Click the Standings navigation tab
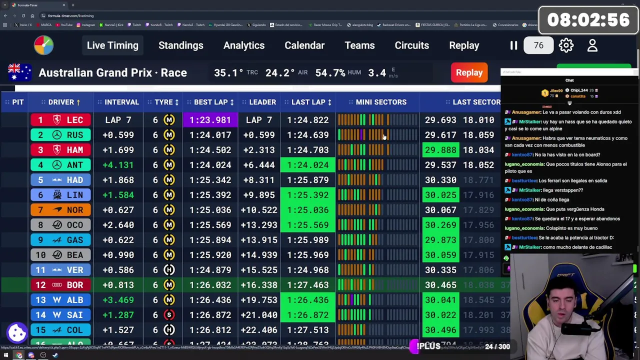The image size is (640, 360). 180,45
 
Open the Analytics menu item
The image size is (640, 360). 244,45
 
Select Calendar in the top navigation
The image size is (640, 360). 304,45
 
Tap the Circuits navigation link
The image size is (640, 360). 411,45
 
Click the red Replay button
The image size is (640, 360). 469,72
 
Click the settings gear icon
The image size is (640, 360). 566,45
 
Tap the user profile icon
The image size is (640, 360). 592,45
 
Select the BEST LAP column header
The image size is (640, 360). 210,102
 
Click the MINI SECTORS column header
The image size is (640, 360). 381,102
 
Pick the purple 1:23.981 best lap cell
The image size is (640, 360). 210,120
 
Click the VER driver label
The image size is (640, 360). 75,270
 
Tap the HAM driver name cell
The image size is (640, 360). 75,150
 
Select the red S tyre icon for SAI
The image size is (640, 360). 169,315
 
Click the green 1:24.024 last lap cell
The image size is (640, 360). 308,165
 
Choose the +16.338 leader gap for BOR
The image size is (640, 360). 258,285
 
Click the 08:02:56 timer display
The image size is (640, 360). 588,20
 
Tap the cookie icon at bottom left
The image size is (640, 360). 17,332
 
